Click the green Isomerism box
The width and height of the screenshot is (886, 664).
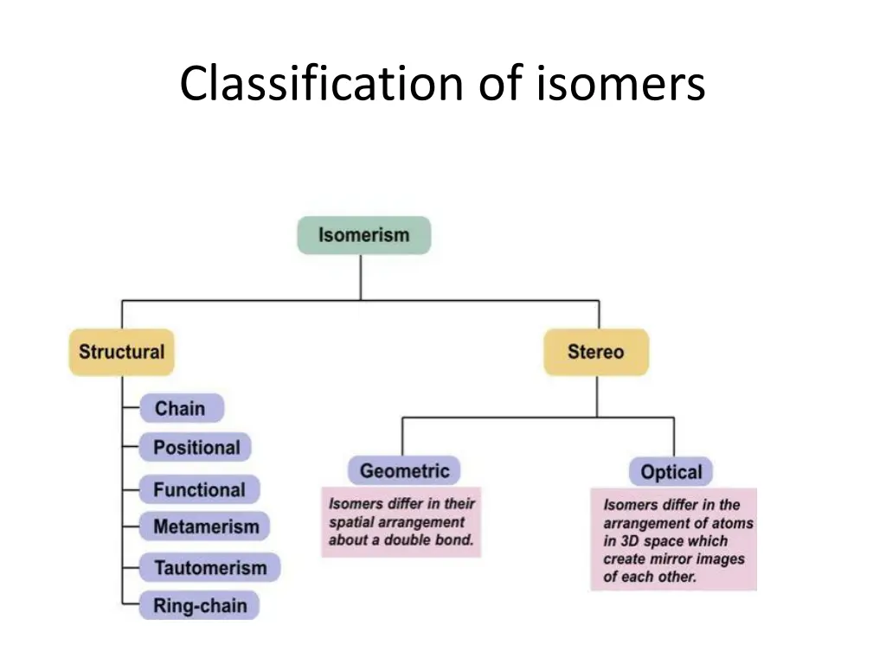point(363,235)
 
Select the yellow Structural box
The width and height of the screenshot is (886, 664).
point(121,352)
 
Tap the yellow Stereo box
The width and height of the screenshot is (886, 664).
point(595,352)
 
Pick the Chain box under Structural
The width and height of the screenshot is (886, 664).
point(181,408)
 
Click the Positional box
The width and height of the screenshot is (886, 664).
point(196,448)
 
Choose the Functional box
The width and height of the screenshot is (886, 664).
point(199,489)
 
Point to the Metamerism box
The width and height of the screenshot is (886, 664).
point(205,527)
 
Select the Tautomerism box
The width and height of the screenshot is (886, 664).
point(210,568)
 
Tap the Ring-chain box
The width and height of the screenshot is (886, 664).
point(200,605)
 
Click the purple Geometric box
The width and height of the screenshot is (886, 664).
point(404,471)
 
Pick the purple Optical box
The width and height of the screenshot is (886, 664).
point(671,473)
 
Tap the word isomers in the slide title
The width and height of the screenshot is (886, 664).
point(621,85)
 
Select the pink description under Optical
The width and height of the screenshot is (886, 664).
point(673,539)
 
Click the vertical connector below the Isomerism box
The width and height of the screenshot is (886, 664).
point(361,277)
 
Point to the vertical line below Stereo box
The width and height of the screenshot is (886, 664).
point(596,396)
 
